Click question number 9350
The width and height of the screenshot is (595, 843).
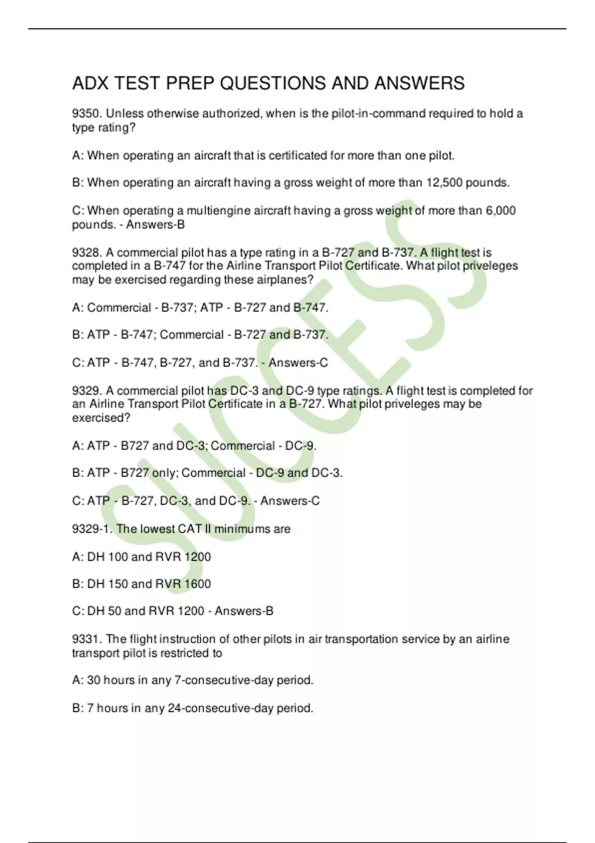(x=87, y=114)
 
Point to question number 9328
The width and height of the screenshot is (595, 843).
(x=87, y=253)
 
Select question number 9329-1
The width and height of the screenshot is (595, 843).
(x=92, y=529)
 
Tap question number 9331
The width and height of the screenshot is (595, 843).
(x=87, y=639)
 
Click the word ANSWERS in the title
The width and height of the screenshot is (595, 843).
(x=419, y=83)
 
